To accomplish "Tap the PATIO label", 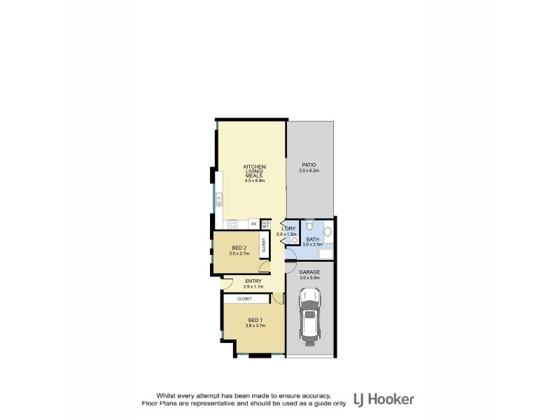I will coord(309,165).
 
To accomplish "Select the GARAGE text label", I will coord(309,272).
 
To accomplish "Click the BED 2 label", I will coord(239,248).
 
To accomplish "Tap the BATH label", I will coord(312,239).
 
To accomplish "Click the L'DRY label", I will coord(287,229).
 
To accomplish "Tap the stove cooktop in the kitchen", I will coord(233,224).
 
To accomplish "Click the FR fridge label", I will coord(253,224).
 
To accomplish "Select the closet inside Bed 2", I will coord(263,246).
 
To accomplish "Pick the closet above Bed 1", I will coord(244,299).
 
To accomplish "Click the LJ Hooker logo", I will coord(384,399).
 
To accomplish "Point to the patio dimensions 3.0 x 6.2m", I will coord(309,171).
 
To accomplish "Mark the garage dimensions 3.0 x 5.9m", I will coord(309,277).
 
